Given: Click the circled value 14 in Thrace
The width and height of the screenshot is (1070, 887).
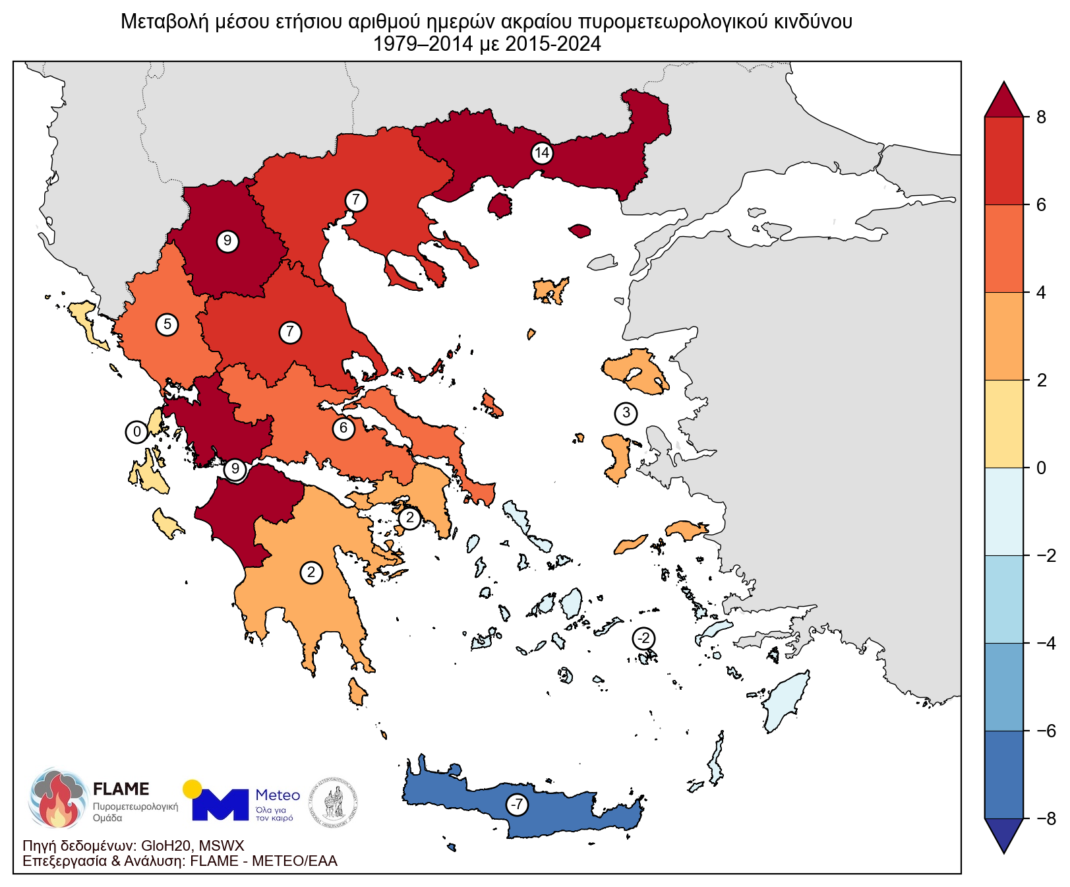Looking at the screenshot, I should point(542,154).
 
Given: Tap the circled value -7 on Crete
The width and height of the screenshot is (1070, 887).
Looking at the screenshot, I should point(518,805).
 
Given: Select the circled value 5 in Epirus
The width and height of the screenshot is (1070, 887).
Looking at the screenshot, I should point(167,324).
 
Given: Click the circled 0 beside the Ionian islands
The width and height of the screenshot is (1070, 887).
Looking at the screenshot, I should point(136,433).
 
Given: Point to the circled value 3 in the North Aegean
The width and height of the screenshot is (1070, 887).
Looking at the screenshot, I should point(626,413).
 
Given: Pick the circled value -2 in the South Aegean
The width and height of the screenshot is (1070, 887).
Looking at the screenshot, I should point(644,638).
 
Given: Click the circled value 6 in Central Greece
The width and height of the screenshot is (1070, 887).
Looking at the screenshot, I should point(343,429).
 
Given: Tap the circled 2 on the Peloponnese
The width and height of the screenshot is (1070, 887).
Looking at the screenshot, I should point(311,572).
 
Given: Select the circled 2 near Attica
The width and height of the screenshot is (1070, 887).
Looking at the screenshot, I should point(409,518).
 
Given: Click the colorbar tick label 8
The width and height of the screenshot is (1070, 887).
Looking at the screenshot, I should point(1041,117).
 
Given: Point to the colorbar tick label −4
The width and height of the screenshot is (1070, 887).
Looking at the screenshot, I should point(1046,643).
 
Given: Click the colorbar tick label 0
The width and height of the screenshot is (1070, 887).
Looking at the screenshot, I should point(1041,468).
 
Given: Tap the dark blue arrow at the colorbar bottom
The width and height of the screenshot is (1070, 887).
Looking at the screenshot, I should point(1004,834).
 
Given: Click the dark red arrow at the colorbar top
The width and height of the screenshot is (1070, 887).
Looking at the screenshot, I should point(1004,100).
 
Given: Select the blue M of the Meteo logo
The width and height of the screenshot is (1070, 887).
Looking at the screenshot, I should point(220,805).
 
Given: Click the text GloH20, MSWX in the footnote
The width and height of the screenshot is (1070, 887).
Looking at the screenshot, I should point(193,846).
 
